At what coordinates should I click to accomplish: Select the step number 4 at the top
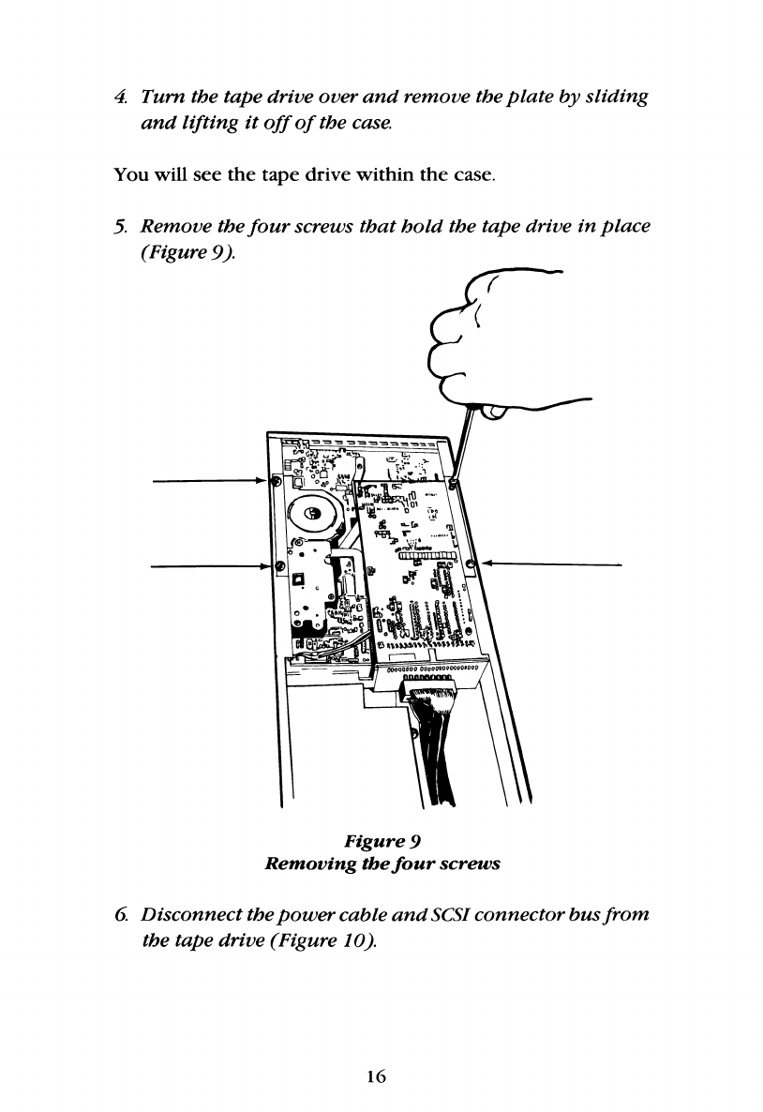click(x=119, y=98)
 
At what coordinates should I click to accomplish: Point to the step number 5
click(x=119, y=226)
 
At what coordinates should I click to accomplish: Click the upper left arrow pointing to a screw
click(x=206, y=480)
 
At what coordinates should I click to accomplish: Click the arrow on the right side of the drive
click(x=553, y=564)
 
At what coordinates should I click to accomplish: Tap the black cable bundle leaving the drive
click(x=433, y=750)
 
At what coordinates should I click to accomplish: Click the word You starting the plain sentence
click(x=128, y=174)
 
